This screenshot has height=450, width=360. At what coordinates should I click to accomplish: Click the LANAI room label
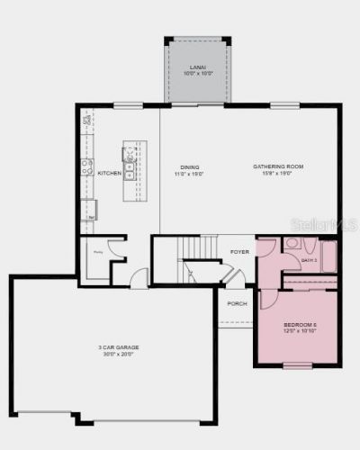[197, 67]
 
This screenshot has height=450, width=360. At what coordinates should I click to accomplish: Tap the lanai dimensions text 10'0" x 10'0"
[197, 73]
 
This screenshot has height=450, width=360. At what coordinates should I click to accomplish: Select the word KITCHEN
[110, 173]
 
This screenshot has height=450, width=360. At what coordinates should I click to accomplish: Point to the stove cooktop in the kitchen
[88, 166]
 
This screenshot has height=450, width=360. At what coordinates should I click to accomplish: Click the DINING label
[189, 166]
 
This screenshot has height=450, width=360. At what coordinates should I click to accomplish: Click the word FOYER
[239, 251]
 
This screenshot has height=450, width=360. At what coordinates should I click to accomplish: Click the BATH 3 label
[310, 260]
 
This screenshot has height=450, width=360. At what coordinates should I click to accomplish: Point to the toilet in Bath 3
[293, 244]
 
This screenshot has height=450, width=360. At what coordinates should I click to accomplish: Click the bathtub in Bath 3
[328, 256]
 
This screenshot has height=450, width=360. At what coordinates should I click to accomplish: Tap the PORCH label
[237, 303]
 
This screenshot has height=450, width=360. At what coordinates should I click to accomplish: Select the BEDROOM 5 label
[300, 325]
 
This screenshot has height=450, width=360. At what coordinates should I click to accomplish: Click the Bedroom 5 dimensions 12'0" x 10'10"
[300, 331]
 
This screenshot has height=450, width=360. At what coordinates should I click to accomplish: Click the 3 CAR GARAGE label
[116, 347]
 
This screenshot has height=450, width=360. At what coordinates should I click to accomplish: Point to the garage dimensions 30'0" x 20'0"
[116, 354]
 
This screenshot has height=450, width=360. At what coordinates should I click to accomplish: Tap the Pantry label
[95, 254]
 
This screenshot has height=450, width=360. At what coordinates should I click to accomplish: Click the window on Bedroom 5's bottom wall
[298, 365]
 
